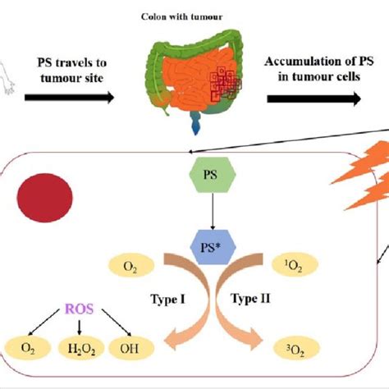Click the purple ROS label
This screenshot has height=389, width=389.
click(80, 309)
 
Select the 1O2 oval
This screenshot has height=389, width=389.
click(295, 265)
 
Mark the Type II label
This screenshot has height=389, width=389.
click(249, 299)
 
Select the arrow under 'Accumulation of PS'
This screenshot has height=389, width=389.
click(307, 98)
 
